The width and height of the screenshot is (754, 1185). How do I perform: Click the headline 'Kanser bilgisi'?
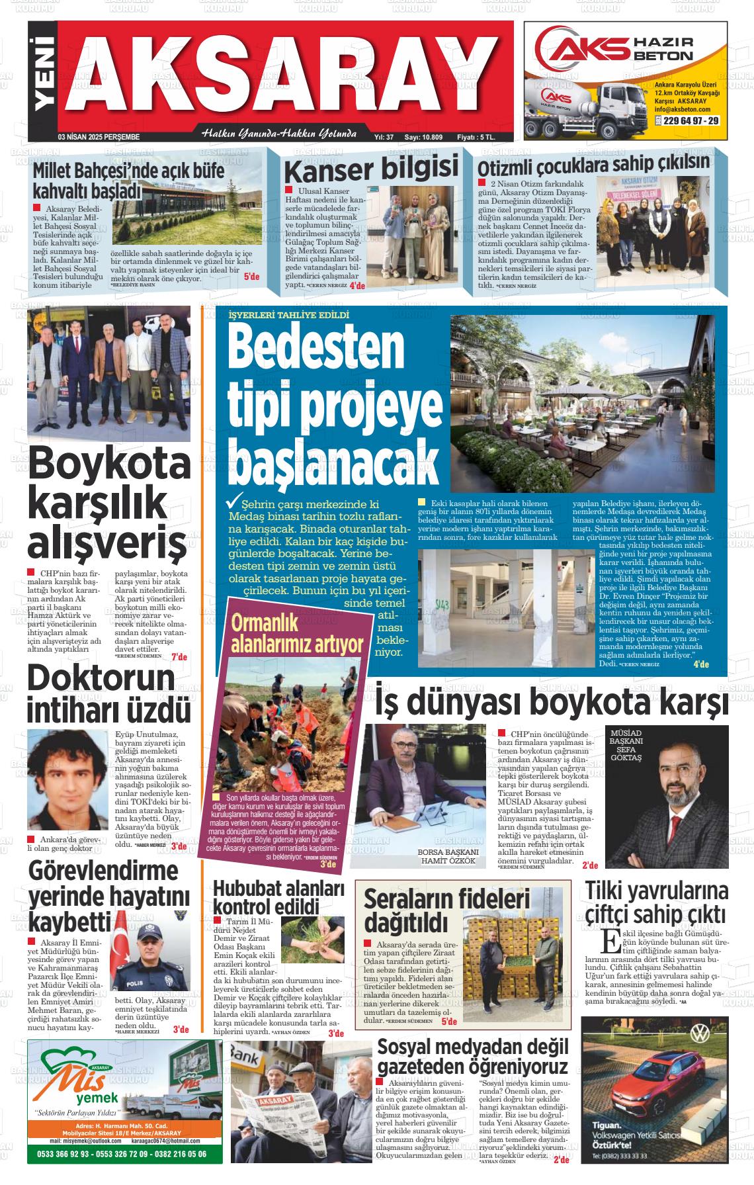click(x=370, y=169)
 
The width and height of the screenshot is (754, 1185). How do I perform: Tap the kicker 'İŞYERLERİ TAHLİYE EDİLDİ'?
click(x=288, y=315)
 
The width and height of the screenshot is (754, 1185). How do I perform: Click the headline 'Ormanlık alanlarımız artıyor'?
click(x=298, y=633)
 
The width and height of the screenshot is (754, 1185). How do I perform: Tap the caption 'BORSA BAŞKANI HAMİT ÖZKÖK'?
click(x=448, y=856)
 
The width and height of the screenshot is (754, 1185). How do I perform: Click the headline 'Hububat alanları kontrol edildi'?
click(x=279, y=896)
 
